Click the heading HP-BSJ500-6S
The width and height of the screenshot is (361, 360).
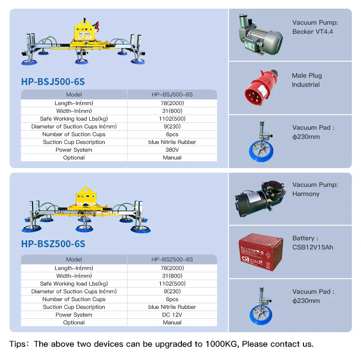coord(53,82)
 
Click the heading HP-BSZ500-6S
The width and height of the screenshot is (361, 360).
coord(53,244)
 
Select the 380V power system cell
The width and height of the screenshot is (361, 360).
coord(172,150)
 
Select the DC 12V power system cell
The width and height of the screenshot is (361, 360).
coord(172,315)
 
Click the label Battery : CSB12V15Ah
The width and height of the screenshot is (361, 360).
coord(313,243)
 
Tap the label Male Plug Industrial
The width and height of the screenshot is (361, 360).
coord(307,80)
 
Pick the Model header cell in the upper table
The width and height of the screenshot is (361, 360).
coord(74,95)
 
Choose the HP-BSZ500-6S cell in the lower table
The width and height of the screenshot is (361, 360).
coord(172,259)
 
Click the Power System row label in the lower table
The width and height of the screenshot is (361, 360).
coord(74,315)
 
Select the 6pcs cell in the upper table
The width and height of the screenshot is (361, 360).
coord(172,134)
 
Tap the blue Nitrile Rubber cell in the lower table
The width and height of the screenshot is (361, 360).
coord(172,307)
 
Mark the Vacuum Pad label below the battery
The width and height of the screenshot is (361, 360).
coord(313,296)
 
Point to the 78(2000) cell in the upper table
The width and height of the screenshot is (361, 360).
coord(172,103)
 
